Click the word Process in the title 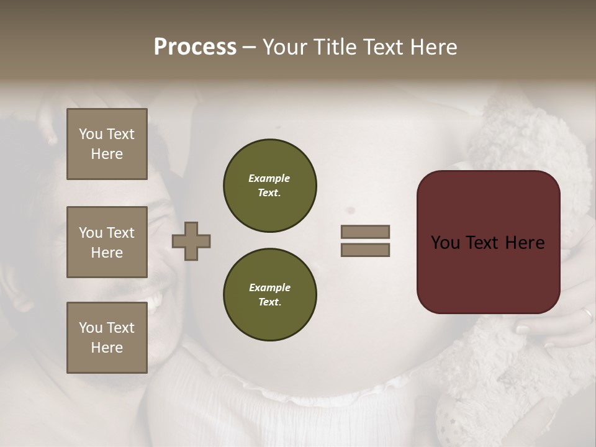195,47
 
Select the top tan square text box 107,144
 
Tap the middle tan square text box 107,242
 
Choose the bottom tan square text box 107,338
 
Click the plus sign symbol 191,241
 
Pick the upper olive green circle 269,186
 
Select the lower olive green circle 269,295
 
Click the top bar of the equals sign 365,232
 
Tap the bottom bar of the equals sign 365,250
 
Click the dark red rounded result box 488,242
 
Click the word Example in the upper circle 269,178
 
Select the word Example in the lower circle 269,287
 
